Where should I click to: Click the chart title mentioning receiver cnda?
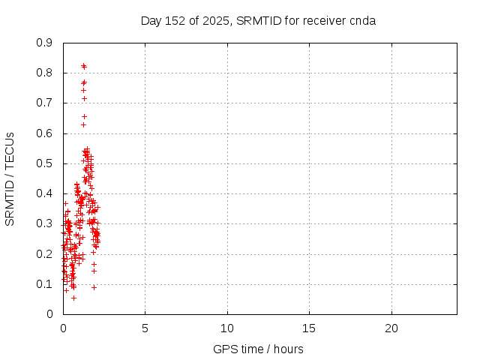coord(258,20)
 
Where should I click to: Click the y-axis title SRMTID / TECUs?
coord(10,178)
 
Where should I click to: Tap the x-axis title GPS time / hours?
coord(258,349)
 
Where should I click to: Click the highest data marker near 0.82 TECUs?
coord(83,66)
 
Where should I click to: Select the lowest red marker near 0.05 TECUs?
coord(73,298)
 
